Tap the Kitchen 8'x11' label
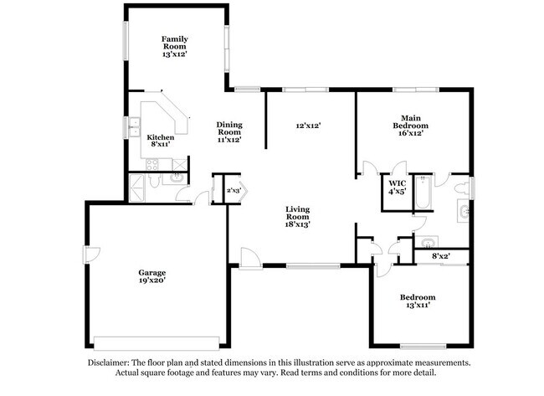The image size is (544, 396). coord(161,141)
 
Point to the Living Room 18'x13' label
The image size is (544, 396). coord(297,217)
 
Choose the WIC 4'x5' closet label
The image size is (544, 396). coord(397,187)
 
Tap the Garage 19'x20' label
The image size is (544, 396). coord(152,277)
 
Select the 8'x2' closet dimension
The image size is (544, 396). coord(441,256)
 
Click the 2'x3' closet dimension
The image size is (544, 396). coord(234,191)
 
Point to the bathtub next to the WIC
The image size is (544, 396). coord(423,193)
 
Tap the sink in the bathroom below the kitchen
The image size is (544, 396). coord(177,177)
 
